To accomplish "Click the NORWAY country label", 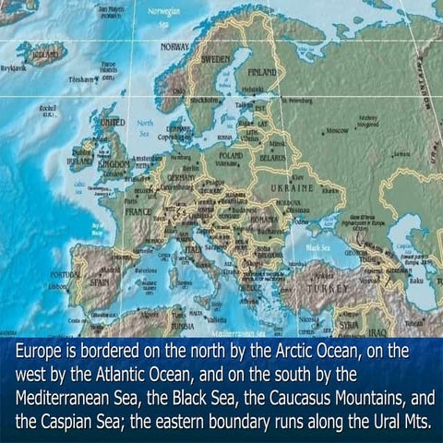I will point(175,46).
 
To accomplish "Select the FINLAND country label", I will point(262,71).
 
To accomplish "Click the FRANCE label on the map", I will point(138,211).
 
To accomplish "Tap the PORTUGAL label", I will point(65,276).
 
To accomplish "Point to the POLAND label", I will point(231,156).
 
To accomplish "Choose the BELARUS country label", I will point(274,158).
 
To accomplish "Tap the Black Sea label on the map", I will point(318,248).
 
